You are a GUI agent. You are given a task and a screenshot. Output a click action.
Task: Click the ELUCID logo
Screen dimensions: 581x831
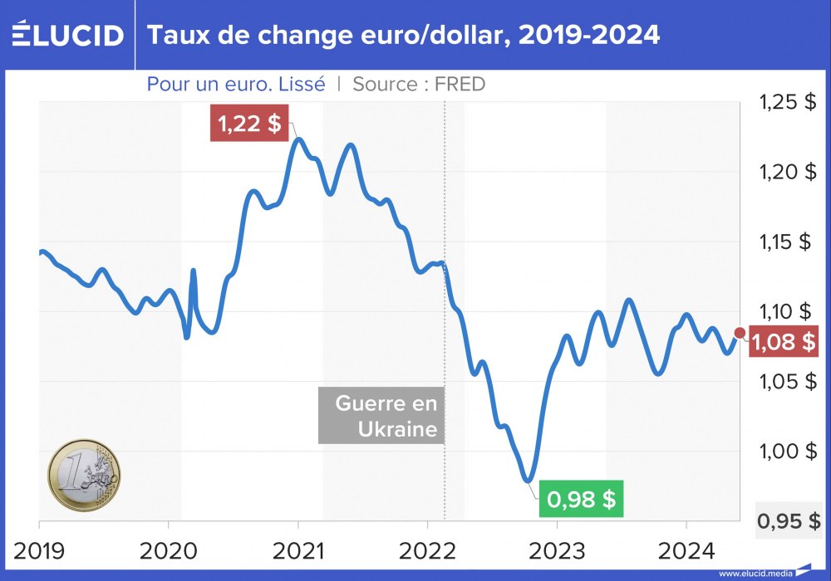68,35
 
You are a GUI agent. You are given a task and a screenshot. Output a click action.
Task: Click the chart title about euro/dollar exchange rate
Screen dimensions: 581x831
403,35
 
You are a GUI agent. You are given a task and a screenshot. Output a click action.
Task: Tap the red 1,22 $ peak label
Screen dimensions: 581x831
248,124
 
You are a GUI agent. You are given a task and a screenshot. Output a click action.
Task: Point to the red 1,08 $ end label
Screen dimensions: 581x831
783,341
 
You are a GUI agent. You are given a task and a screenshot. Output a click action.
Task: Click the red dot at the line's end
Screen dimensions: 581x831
741,333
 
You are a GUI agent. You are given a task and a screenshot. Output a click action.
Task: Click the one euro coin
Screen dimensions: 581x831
84,475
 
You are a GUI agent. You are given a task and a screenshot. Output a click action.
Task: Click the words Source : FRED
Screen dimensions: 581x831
419,84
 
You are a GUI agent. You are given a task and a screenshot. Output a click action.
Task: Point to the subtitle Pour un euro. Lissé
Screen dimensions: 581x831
236,84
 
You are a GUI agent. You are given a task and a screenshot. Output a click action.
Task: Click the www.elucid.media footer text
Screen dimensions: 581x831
755,574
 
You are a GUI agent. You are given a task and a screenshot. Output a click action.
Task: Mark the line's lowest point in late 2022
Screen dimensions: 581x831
528,480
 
